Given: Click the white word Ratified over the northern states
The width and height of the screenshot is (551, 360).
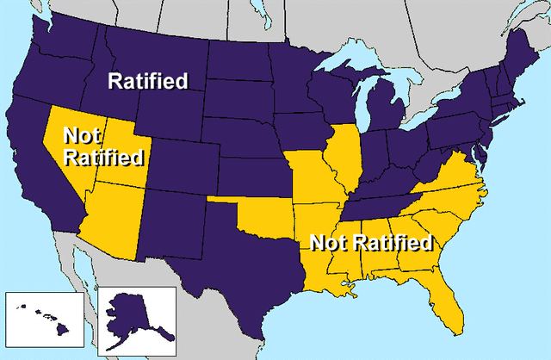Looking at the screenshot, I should click(147, 83).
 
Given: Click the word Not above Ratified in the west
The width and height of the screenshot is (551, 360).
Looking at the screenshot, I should click(83, 137).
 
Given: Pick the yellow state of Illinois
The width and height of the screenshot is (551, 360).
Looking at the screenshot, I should click(345, 159).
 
